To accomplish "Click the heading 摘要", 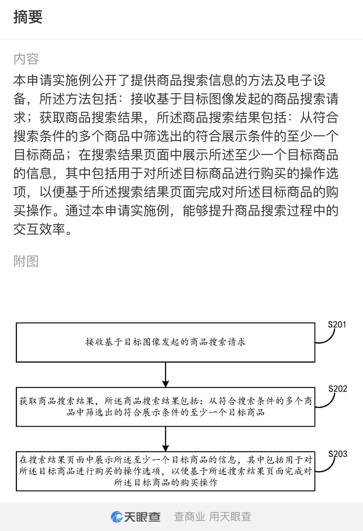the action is point(28,17).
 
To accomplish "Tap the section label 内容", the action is point(26,59).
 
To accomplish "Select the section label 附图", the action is point(26,261).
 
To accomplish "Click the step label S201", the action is point(337,324).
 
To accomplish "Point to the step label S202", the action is point(338,389).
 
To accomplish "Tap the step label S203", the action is point(338,454).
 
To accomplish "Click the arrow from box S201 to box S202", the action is point(165,375).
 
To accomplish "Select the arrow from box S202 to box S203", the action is point(165,439).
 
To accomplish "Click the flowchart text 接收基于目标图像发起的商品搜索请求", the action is point(166,342).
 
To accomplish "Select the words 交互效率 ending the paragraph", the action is point(39,229).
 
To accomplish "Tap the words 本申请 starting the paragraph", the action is point(33,80).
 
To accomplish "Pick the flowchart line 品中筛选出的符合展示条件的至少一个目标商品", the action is point(166,413).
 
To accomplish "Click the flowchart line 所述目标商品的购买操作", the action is point(166,482).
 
